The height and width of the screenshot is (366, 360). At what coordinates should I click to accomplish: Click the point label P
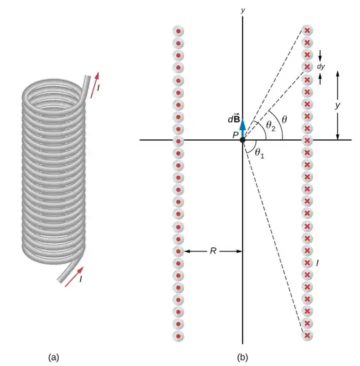tap(235, 135)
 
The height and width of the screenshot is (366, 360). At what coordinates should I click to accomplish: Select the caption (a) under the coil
tap(54, 357)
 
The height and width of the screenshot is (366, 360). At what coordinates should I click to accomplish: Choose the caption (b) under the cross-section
tap(242, 357)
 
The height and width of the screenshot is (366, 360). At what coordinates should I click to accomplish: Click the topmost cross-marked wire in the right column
tap(307, 31)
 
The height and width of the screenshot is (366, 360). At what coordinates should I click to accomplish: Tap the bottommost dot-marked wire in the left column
tap(178, 335)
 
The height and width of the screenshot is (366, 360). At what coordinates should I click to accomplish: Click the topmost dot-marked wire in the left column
tap(178, 31)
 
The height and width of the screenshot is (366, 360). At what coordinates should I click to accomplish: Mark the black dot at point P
tap(243, 141)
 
